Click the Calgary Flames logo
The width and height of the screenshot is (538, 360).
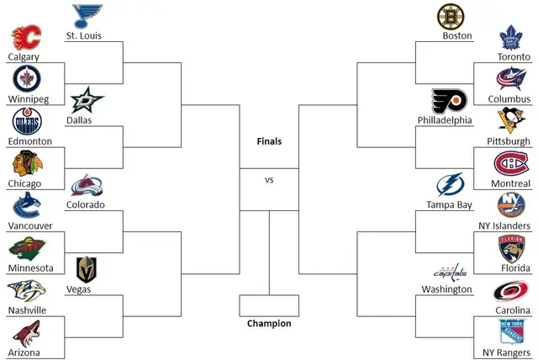pos(26,37)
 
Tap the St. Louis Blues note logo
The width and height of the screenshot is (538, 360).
pos(87,16)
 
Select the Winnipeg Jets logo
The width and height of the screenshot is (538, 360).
pos(27,78)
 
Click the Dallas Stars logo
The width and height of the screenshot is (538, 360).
pos(87,100)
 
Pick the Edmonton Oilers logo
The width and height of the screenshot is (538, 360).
pos(27,121)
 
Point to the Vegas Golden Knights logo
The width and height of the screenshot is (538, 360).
pos(86,269)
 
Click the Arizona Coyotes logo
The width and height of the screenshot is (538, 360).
pos(26,334)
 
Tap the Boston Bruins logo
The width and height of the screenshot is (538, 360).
pos(451,17)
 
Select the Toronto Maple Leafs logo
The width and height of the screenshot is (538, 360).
pos(510,38)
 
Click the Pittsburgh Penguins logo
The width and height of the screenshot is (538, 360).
pos(511,121)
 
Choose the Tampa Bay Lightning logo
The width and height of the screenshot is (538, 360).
pos(451,185)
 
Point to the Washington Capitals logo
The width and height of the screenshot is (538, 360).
pos(451,272)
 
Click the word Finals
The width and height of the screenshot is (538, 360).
pos(269,141)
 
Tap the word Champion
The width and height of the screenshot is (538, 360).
pos(269,323)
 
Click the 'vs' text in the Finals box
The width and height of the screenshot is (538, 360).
pos(269,180)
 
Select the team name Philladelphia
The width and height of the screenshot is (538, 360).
pos(445,120)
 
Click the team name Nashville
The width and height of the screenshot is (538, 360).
pos(27,310)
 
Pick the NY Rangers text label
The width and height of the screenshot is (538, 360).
pos(506,352)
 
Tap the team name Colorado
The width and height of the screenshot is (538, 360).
pos(86,204)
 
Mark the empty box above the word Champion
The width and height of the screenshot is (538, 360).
pos(269,305)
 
